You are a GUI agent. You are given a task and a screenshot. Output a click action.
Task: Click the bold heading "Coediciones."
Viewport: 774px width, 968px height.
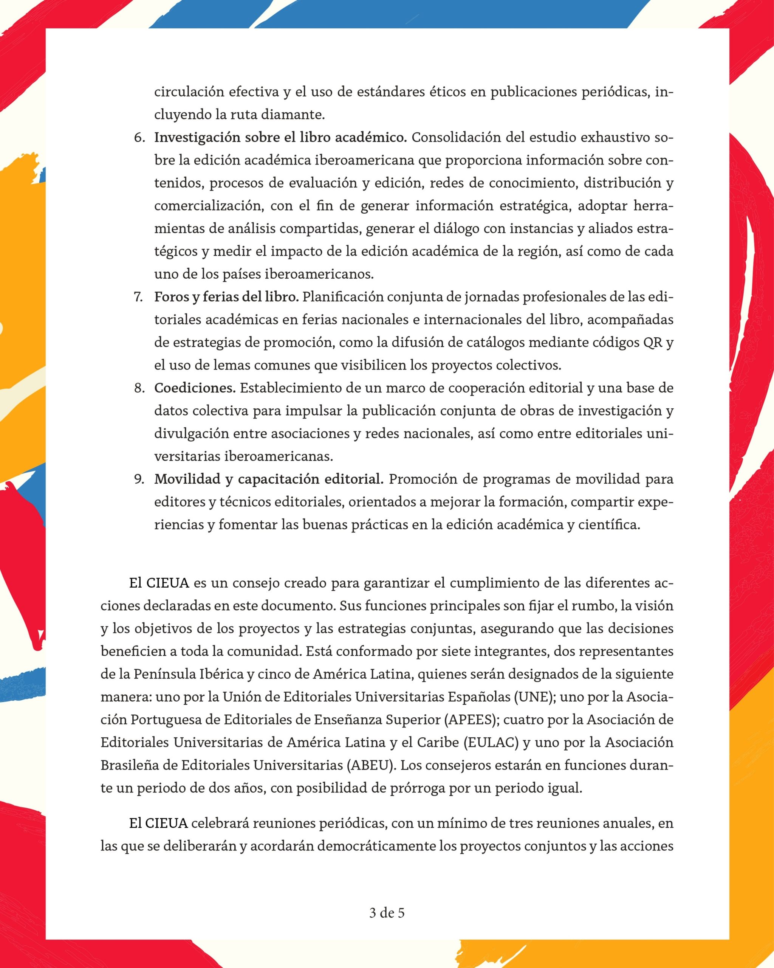coord(195,388)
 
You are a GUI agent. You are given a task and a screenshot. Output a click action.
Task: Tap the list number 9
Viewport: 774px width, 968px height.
coord(139,479)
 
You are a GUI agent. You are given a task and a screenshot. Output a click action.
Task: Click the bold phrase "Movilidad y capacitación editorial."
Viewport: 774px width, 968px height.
coord(269,479)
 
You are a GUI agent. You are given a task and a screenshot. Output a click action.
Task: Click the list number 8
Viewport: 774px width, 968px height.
coord(139,388)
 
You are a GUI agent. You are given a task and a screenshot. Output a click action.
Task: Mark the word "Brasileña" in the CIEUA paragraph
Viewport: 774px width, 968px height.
coord(129,765)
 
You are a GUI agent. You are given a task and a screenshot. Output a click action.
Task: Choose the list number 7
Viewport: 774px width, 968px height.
coord(139,297)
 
